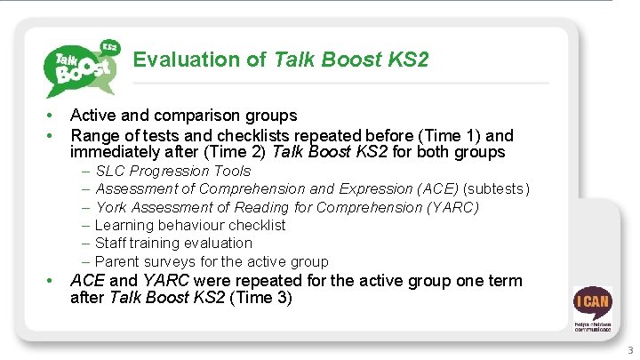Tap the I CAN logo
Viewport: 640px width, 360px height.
[x=591, y=308]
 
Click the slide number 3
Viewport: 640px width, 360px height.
[x=630, y=350]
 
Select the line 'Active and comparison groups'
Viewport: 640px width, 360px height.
[x=183, y=116]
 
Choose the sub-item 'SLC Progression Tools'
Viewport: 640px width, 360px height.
[x=172, y=171]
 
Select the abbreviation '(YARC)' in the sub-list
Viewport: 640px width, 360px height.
[x=452, y=207]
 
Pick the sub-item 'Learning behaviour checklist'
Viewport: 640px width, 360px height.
[x=190, y=225]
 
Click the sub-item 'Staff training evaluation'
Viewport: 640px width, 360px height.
[x=173, y=243]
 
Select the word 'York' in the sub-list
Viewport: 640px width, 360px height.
[x=111, y=207]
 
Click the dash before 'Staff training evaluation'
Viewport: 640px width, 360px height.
[x=85, y=243]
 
